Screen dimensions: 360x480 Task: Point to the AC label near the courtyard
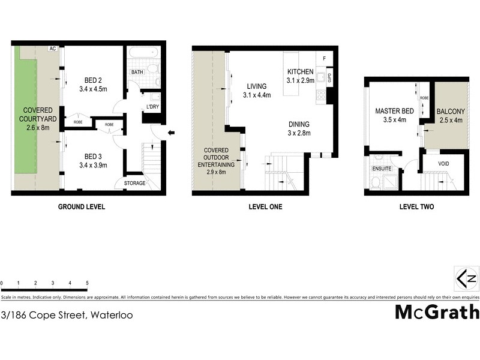tap(53, 49)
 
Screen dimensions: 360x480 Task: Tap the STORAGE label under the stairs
tap(135, 183)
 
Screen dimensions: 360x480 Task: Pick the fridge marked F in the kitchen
tap(325, 59)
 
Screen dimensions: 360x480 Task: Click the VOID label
tap(444, 163)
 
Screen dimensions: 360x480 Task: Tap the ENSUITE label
tap(382, 169)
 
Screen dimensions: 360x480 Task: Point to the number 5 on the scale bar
tap(88, 283)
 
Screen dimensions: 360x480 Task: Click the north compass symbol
tap(467, 278)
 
